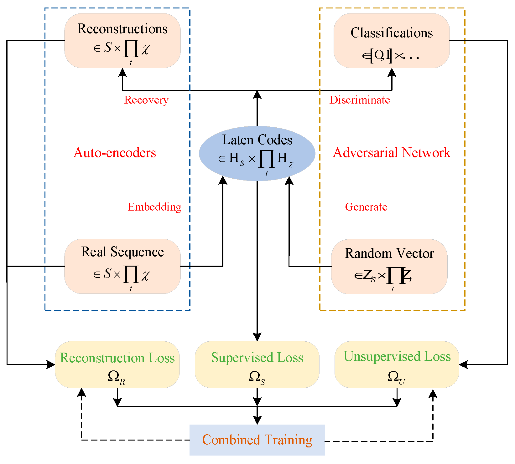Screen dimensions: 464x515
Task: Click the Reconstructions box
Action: point(122,41)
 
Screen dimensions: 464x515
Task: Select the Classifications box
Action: point(392,41)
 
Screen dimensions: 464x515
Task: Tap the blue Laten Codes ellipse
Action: point(257,153)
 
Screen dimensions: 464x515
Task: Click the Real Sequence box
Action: point(122,266)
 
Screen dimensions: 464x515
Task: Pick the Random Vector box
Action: point(389,267)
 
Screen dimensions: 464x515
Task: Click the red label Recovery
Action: point(146,100)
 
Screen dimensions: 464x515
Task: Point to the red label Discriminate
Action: point(359,100)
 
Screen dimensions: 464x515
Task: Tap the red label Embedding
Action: point(154,207)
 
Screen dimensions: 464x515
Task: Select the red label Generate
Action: point(366,207)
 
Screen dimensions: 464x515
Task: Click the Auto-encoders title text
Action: point(115,153)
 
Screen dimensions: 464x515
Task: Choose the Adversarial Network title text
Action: point(392,153)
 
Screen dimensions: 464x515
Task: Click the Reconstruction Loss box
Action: point(117,365)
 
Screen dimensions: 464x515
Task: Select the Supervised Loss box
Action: point(257,365)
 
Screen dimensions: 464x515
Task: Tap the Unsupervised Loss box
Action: point(397,365)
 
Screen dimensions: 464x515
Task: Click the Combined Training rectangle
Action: point(257,440)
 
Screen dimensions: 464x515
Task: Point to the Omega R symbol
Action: point(116,377)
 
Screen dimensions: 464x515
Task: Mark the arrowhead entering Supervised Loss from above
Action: point(257,337)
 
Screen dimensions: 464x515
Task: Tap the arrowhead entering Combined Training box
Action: point(257,421)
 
